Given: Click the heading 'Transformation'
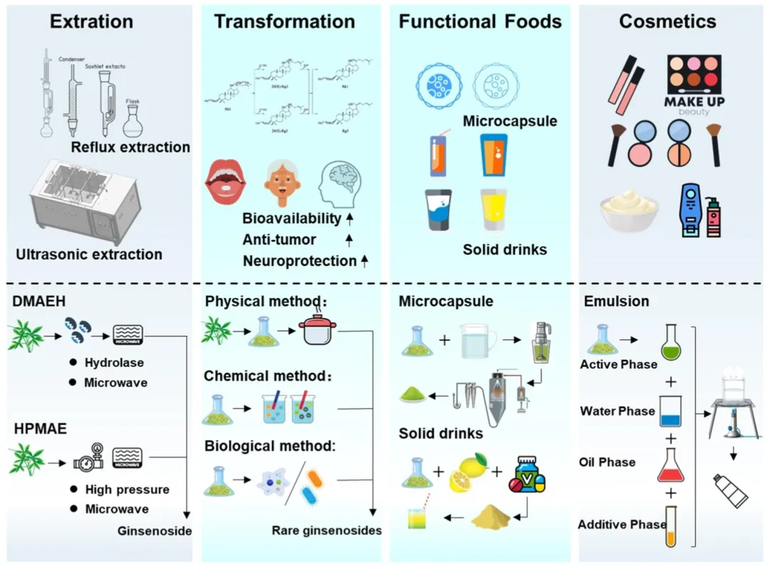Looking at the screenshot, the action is pos(285,22).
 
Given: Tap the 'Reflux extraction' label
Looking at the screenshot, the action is pos(131,148).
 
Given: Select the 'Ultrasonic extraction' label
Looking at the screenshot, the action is pos(89,253).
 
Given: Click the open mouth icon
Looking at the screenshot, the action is pos(225,182).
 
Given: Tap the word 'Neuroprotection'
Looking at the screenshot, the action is pos(299,260).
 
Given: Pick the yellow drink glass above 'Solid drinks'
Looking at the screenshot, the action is pos(493,209).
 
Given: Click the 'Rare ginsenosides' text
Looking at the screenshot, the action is pos(327,530).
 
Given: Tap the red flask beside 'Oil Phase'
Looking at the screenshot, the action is pos(668,465).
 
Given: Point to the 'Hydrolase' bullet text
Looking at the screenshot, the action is pos(114,363).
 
